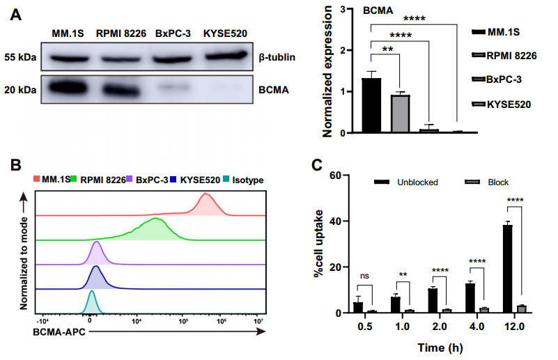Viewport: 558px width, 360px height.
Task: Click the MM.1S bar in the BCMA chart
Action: pos(371,105)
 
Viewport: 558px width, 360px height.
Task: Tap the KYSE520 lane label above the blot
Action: pos(225,33)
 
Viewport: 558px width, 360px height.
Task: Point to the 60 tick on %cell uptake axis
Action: pos(336,175)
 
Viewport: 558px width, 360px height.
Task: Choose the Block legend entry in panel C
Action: pos(498,182)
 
